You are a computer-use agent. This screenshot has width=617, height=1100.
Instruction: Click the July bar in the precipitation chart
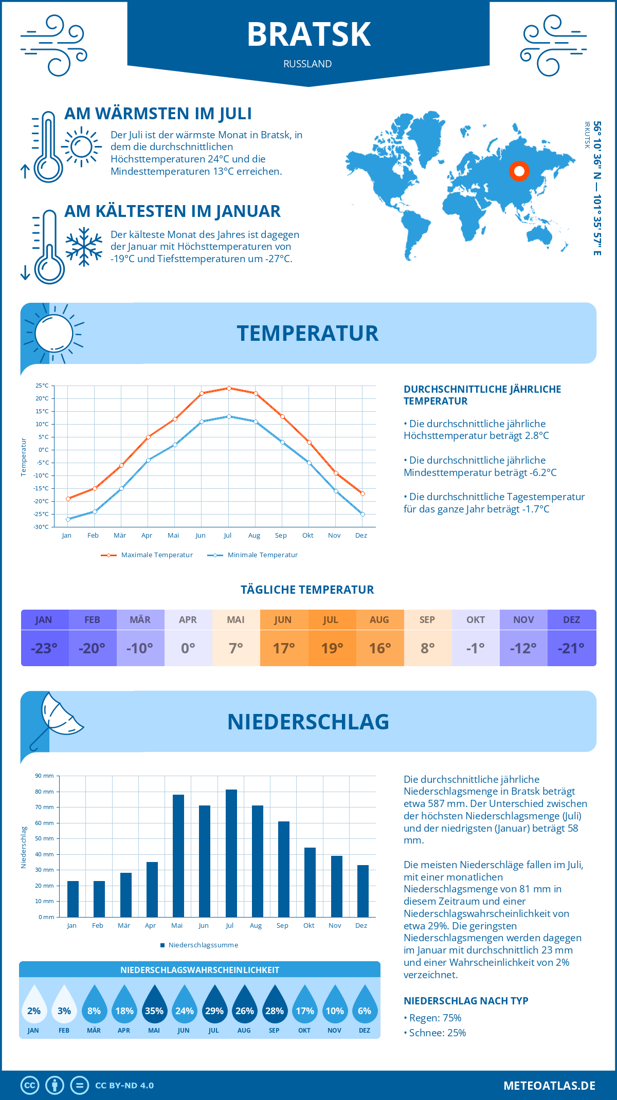pos(231,853)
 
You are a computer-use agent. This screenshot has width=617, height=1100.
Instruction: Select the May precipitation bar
pos(178,856)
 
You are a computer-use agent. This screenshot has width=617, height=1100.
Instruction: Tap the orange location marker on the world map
pos(519,171)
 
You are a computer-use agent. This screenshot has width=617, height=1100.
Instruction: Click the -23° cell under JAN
pos(44,648)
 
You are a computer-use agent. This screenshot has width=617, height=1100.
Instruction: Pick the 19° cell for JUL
pos(332,648)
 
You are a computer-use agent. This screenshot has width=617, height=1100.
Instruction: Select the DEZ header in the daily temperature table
pos(571,620)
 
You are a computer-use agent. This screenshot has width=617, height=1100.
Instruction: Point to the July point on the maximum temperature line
pos(229,388)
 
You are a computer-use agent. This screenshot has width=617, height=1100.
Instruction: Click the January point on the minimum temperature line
pos(68,519)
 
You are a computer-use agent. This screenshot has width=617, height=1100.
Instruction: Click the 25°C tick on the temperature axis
pos(42,386)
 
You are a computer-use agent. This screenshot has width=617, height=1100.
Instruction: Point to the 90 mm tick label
pos(45,776)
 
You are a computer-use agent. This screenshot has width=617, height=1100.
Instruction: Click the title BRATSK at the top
pos(308,35)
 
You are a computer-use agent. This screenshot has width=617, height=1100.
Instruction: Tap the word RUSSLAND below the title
pos(307,64)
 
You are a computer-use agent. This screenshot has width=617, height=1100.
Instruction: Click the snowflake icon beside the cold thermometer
pos(84,247)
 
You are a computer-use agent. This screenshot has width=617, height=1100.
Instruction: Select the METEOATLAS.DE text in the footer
pos(549,1086)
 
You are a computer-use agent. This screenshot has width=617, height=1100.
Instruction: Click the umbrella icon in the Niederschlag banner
pos(57,717)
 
